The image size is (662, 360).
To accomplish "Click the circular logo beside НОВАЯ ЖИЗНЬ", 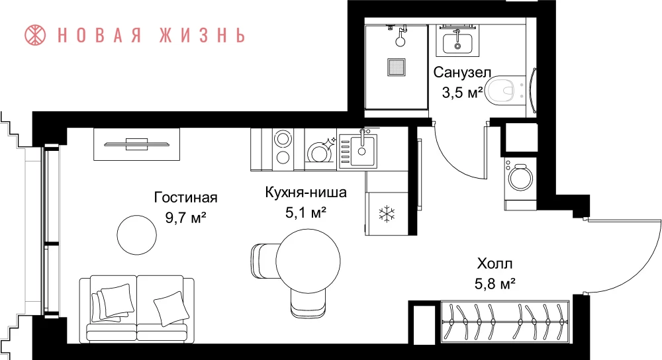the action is coord(35,35).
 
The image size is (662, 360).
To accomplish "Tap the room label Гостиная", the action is coord(186,197).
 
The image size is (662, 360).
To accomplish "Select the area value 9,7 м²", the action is coord(186,218).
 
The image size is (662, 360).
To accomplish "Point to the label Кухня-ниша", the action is coord(306,192).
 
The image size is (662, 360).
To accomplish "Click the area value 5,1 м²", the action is coord(306,212).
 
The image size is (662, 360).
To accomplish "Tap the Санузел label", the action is coord(462,72).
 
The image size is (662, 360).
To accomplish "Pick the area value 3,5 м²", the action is coord(462,93).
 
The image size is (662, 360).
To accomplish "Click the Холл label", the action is coord(495,264).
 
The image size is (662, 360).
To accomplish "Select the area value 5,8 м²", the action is coord(495,284).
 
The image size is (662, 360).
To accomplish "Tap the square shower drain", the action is coord(397,67).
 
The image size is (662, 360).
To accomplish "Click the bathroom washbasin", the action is coord(457,42).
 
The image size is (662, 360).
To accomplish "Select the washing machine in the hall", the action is coord(520,177).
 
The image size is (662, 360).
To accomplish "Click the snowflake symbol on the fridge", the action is coord(387,214).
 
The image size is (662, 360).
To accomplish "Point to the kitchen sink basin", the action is coord(362,151).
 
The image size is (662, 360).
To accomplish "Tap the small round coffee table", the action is coord(136,235).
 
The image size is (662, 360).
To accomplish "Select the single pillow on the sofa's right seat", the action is coord(171,308).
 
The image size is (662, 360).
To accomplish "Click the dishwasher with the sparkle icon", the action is coord(321,150).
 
